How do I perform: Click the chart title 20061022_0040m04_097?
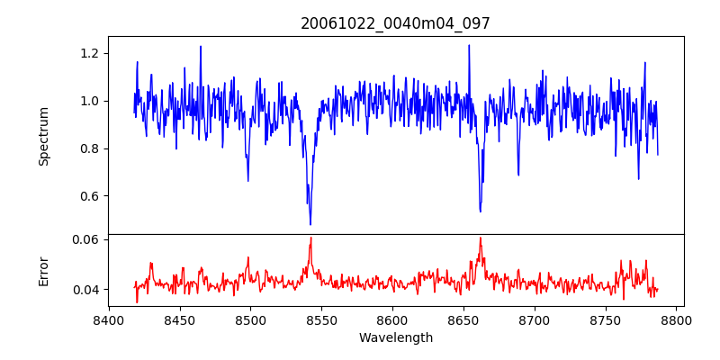pos(395,23)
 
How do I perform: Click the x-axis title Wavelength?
pos(395,338)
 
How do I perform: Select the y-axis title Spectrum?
pos(43,136)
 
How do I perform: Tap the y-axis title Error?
pos(43,270)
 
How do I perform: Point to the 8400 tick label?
pos(108,319)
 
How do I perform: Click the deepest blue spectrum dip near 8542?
pos(310,224)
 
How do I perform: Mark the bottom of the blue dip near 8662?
pos(481,211)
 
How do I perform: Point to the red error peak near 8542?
pos(310,238)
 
